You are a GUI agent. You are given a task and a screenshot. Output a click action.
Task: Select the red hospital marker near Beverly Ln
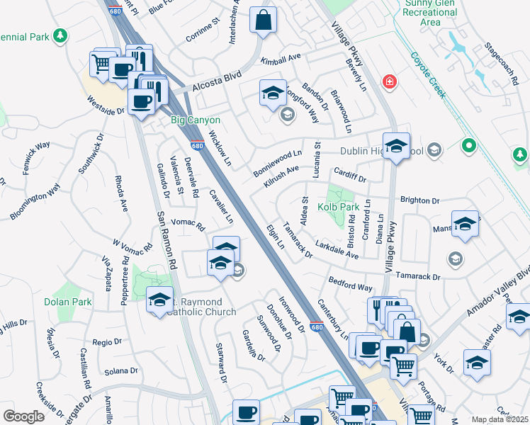(388, 82)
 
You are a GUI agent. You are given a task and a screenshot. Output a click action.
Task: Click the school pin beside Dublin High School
(397, 147)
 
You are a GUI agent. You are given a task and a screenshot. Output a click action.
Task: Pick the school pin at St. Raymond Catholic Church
(160, 300)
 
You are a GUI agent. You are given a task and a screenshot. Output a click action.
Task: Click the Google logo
(23, 416)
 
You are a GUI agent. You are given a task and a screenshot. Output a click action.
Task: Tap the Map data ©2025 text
(500, 419)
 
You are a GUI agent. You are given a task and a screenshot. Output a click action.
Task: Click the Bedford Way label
(350, 284)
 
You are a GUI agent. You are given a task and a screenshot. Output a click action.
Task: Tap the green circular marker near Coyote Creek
(468, 147)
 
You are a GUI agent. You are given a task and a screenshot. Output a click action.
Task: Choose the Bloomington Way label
(35, 201)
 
